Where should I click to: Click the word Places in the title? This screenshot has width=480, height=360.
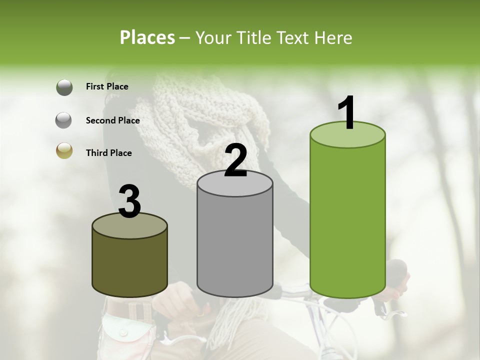point(147,37)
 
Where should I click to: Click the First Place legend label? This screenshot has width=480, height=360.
point(107,86)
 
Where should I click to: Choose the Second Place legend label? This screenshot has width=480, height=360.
point(112,120)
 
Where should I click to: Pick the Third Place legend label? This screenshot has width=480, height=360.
point(108,153)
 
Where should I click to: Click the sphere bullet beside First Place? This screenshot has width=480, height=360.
point(64,87)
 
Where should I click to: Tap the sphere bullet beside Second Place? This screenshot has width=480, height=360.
point(64,120)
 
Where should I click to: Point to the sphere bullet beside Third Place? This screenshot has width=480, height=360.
point(64,151)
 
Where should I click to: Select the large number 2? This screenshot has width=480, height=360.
point(236,160)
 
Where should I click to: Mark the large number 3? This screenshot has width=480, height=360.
point(130,201)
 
